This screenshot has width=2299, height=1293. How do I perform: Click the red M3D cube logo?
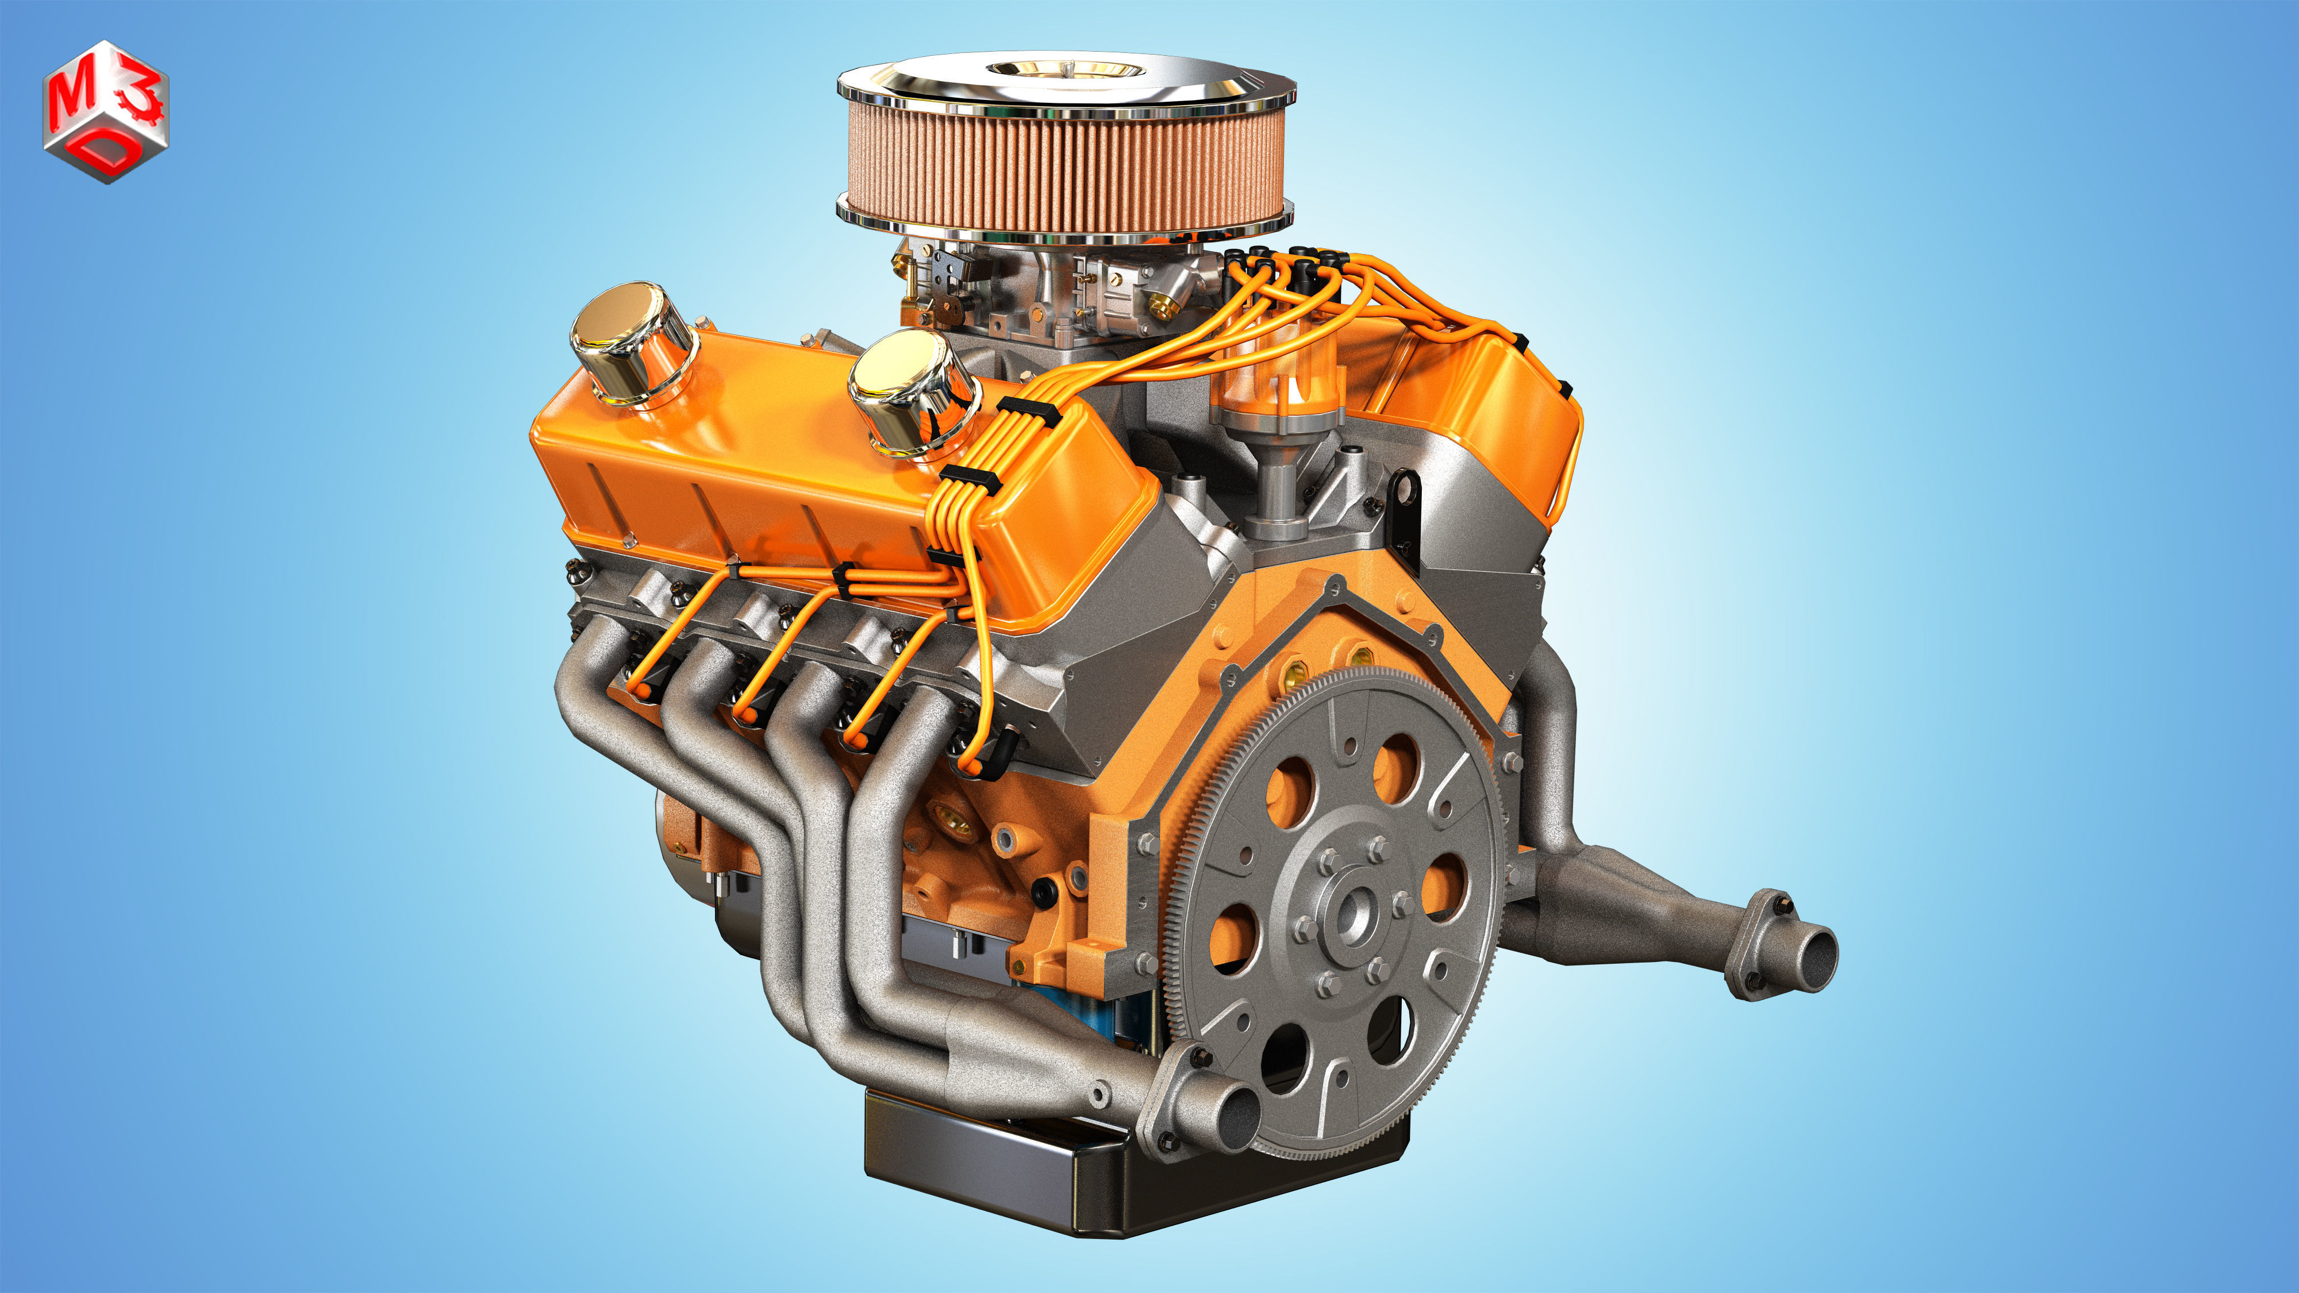coord(105,111)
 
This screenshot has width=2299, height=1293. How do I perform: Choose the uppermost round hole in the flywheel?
coord(1396,767)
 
